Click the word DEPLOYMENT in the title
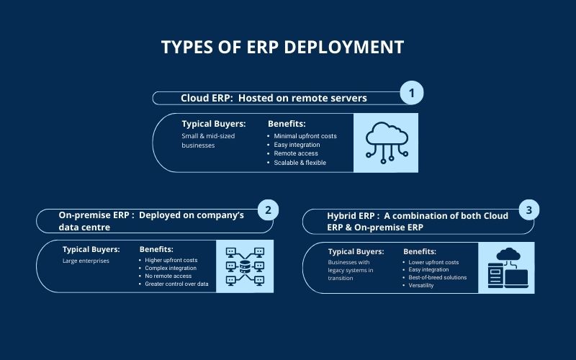pos(343,48)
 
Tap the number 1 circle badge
pos(411,93)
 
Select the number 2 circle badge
pos(268,210)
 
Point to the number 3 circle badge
pos(529,210)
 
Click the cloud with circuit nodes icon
pos(387,143)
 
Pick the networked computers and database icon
pos(245,266)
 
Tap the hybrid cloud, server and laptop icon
pos(508,268)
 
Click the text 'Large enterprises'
pos(86,261)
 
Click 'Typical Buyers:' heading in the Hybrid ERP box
pos(356,251)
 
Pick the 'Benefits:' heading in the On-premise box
pos(156,249)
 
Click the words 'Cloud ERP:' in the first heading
pos(207,98)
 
